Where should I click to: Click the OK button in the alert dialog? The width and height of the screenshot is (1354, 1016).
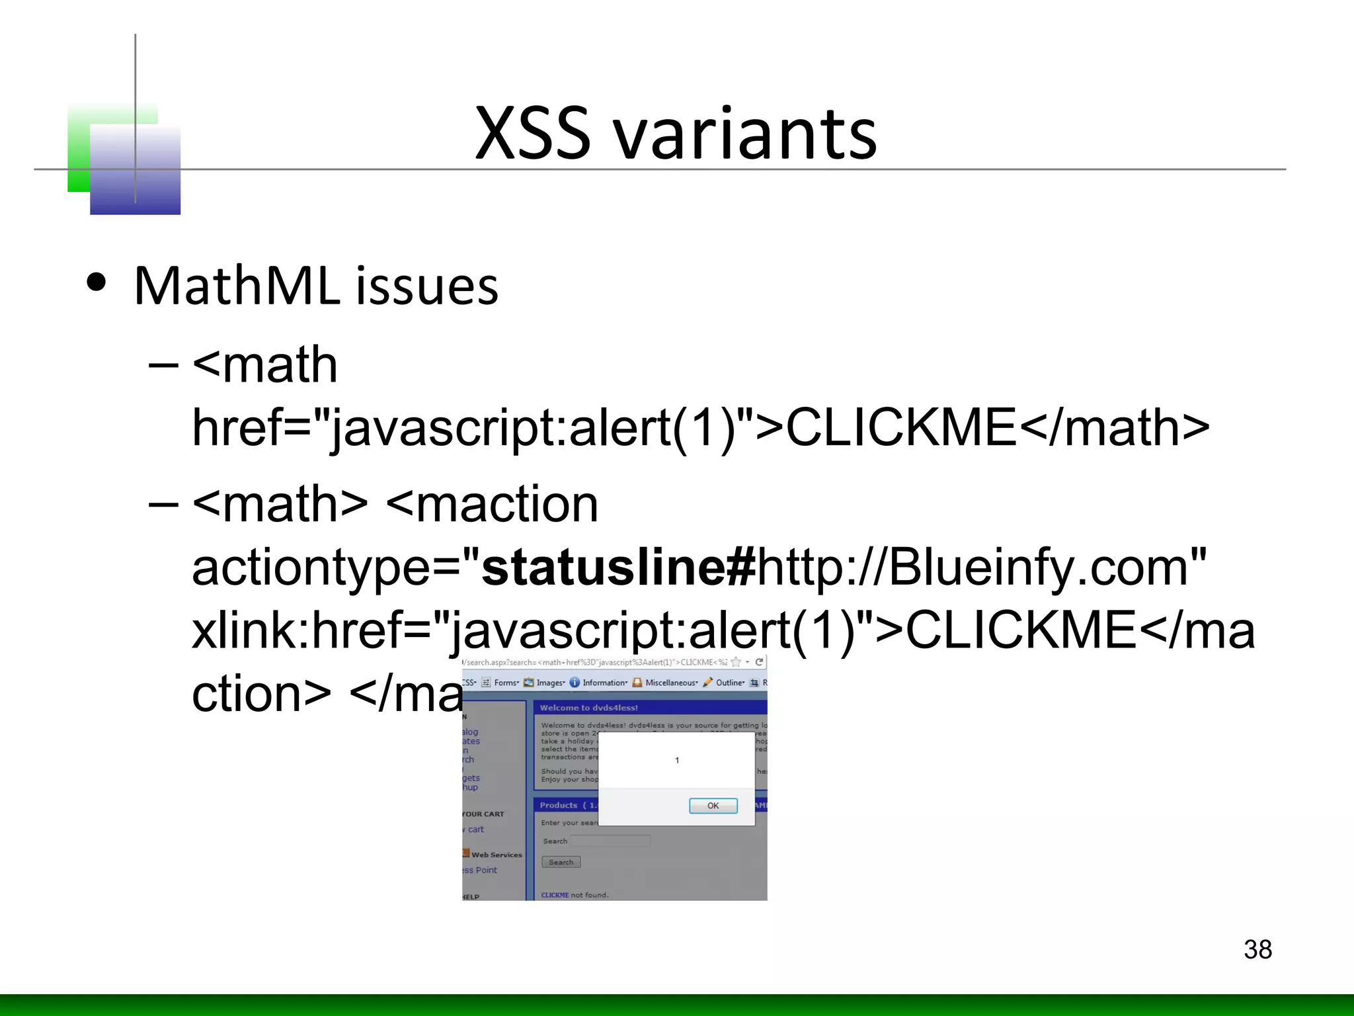click(713, 806)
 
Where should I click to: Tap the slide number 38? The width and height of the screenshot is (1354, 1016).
click(1257, 949)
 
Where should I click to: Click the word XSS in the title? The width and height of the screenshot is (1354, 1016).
click(532, 134)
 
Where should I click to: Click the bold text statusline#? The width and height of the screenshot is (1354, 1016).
click(619, 567)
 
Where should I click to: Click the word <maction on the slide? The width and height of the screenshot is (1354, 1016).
click(492, 504)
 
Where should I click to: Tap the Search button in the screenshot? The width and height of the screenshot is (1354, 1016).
click(561, 862)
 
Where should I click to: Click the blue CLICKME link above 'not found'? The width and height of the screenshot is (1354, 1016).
click(555, 895)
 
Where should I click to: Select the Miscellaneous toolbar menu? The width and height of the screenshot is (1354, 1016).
click(670, 683)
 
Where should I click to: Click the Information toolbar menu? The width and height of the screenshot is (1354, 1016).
click(604, 683)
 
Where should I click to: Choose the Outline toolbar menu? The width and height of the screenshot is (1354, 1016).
click(729, 683)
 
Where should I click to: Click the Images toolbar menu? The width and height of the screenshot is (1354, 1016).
click(549, 683)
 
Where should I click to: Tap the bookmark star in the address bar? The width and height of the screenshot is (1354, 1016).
click(736, 662)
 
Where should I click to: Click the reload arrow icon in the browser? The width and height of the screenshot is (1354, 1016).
click(760, 662)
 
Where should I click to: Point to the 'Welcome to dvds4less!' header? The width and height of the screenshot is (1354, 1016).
click(588, 708)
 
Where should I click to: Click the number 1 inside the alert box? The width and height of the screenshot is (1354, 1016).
click(677, 760)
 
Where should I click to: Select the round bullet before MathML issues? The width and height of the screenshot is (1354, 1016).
click(97, 283)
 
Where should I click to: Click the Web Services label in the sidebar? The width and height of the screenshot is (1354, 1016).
click(497, 855)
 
